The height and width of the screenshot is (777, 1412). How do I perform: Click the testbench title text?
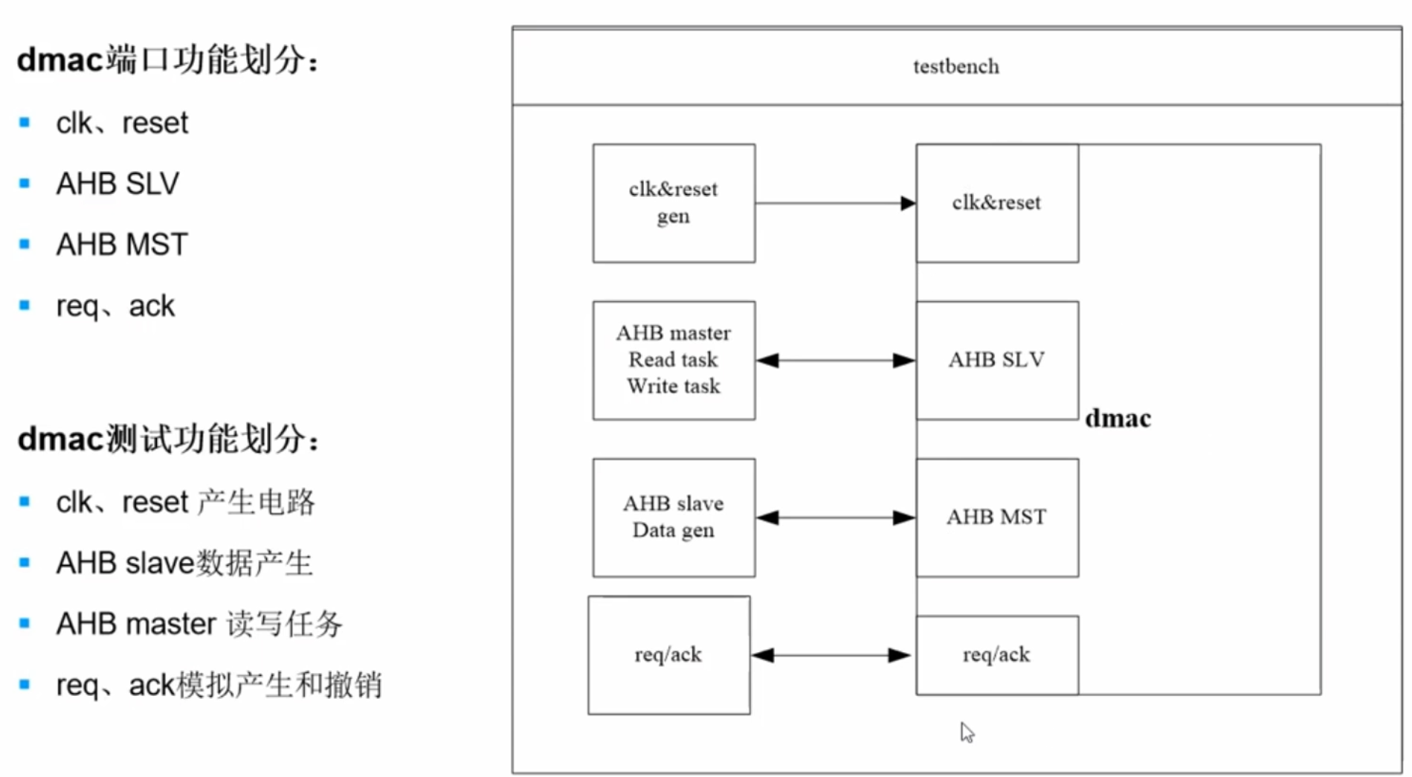(955, 67)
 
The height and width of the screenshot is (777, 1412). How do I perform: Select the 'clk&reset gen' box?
(674, 203)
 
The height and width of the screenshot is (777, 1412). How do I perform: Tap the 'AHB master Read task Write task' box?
(674, 360)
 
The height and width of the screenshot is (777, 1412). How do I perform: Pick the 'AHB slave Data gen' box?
(674, 517)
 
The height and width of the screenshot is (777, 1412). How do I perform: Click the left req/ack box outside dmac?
(668, 655)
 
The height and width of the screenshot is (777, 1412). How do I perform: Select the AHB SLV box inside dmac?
(996, 360)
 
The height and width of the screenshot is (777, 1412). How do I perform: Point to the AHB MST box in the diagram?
(996, 517)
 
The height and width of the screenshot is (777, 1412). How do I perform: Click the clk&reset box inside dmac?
(996, 203)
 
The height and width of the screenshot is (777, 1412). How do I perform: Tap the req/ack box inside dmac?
(996, 655)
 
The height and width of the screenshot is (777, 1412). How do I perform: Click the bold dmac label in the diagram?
(1118, 419)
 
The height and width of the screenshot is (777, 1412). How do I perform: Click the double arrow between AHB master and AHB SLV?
(835, 361)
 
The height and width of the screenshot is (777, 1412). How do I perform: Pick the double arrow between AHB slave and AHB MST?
(835, 518)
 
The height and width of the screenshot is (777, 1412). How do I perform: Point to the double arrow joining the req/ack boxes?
(831, 655)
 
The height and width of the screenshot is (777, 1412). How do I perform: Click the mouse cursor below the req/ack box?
(966, 732)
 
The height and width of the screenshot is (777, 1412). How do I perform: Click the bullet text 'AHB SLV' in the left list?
(117, 184)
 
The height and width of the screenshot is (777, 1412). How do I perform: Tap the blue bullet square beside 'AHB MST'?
(25, 244)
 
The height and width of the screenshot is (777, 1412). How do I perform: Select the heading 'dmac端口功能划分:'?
(167, 59)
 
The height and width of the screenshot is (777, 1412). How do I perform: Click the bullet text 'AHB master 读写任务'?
(199, 624)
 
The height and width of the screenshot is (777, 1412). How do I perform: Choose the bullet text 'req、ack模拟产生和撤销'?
(219, 685)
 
